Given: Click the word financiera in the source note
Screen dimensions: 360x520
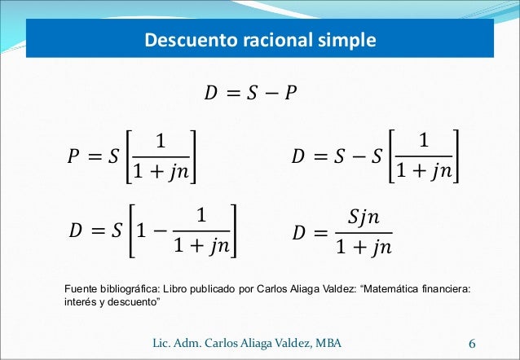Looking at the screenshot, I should click(443, 289).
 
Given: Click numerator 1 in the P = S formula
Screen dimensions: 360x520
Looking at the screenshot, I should click(161, 141).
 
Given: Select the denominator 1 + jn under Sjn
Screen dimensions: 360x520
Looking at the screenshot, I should click(364, 247).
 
